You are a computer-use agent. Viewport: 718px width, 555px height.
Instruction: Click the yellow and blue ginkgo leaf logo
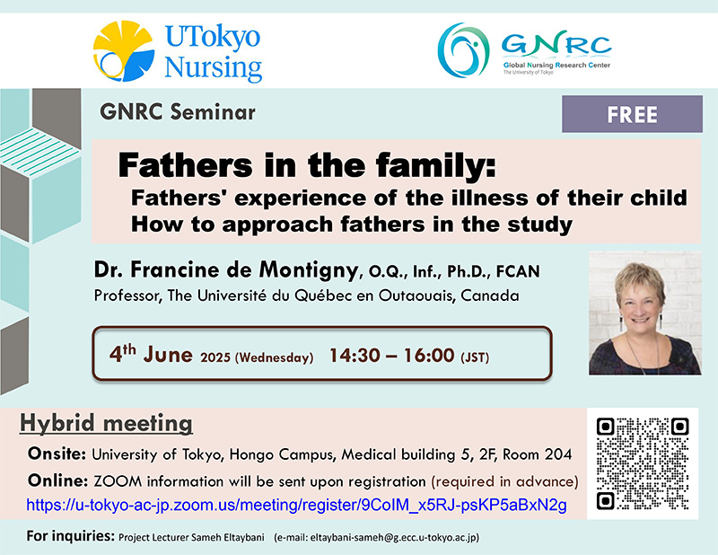coord(124,51)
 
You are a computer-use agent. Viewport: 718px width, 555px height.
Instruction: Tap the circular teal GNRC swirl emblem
coord(463,50)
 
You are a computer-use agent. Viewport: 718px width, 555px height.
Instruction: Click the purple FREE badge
coord(632,114)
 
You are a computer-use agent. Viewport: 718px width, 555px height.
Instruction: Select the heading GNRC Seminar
coord(178,112)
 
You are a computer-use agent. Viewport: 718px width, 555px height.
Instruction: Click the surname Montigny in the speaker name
coord(308,270)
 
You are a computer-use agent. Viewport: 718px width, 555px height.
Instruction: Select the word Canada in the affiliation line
coord(490,295)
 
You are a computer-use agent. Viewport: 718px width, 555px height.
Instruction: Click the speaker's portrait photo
coord(644,313)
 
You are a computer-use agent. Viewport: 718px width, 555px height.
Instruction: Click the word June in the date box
coord(168,355)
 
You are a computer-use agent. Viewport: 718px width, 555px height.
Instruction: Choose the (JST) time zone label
coord(475,357)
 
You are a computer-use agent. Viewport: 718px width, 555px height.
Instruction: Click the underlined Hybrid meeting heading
coord(106,423)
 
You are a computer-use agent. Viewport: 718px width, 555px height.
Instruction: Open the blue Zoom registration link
coord(297,505)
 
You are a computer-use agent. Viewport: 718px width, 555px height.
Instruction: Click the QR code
coord(643,463)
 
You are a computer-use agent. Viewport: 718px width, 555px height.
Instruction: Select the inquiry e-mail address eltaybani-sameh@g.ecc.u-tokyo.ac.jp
coord(393,537)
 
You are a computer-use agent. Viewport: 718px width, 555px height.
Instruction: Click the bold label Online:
coord(57,480)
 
